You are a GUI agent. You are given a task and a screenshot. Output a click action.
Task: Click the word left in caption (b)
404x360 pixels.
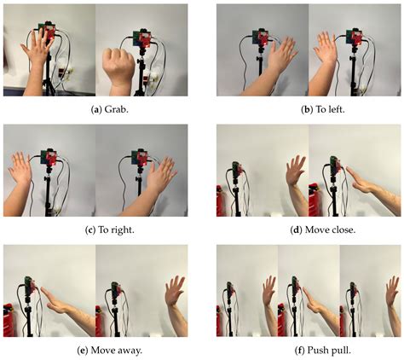coord(318,107)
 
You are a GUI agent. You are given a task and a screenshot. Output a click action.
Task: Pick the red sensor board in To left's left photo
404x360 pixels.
coord(263,39)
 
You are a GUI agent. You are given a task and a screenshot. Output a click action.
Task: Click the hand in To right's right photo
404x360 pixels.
coord(159,175)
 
